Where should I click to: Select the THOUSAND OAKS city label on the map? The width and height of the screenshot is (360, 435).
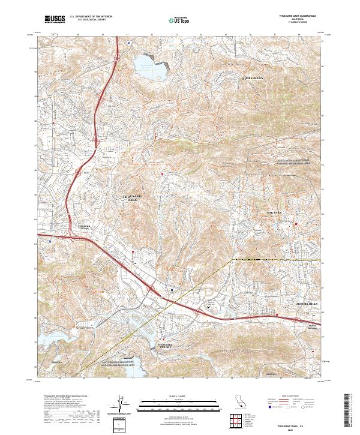click(x=133, y=199)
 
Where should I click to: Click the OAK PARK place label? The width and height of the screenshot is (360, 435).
click(x=274, y=214)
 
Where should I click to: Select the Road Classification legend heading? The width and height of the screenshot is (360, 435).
click(x=293, y=397)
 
